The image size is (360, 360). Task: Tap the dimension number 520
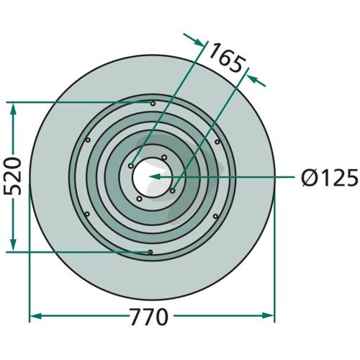pyautogui.click(x=13, y=176)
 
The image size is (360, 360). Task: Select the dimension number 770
pyautogui.click(x=149, y=317)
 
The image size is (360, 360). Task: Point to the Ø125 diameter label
pyautogui.click(x=330, y=177)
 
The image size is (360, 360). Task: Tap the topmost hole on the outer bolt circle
pyautogui.click(x=153, y=104)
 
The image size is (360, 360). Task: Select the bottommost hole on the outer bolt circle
pyautogui.click(x=150, y=252)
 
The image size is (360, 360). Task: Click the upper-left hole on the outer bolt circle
pyautogui.click(x=88, y=140)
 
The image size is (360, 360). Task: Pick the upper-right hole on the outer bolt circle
pyautogui.click(x=217, y=142)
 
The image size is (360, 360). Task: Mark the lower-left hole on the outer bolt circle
pyautogui.click(x=87, y=214)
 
